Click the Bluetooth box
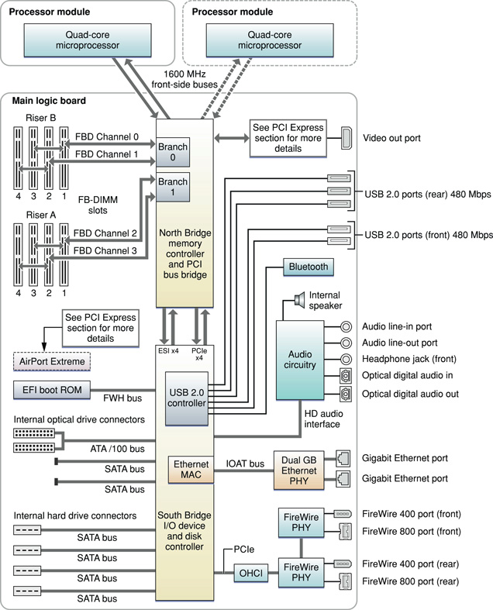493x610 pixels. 309,267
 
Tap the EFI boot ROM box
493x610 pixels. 52,388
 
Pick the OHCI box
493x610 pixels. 250,574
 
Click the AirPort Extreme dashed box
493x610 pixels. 52,361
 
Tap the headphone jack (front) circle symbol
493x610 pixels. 347,360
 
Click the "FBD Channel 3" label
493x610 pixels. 106,250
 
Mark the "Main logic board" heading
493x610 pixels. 49,100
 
